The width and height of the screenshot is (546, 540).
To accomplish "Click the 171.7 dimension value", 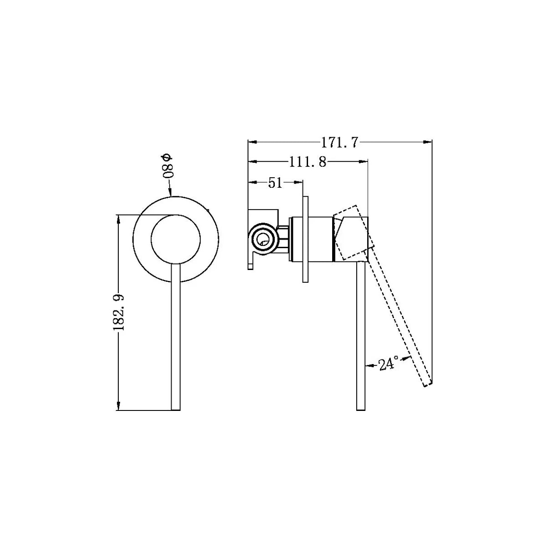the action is [x=339, y=142].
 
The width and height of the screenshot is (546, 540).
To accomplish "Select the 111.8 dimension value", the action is [x=308, y=162].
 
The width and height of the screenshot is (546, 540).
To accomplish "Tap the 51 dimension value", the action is [x=275, y=183].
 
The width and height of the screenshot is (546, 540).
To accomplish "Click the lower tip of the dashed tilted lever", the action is [x=428, y=385].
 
